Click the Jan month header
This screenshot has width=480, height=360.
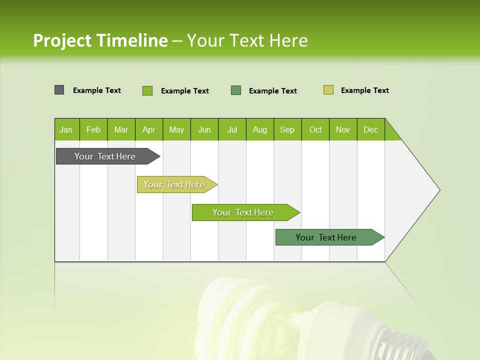[x=66, y=129]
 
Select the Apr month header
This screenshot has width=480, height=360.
[x=148, y=129]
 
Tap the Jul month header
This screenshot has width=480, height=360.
[x=232, y=129]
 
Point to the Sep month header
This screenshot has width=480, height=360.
[x=287, y=129]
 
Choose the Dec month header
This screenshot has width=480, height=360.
[x=370, y=129]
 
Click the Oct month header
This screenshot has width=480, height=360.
[x=315, y=129]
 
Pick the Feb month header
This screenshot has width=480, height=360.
[x=93, y=129]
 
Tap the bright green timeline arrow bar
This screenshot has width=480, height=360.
[x=243, y=212]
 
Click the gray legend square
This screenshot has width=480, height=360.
[x=59, y=90]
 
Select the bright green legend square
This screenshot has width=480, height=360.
[x=147, y=90]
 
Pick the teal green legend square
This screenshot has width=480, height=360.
[x=236, y=90]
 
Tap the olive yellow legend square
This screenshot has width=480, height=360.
[x=328, y=90]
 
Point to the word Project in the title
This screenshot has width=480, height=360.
[x=62, y=40]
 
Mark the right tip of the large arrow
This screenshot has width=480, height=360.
[x=439, y=190]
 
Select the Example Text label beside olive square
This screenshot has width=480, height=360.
[x=364, y=90]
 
